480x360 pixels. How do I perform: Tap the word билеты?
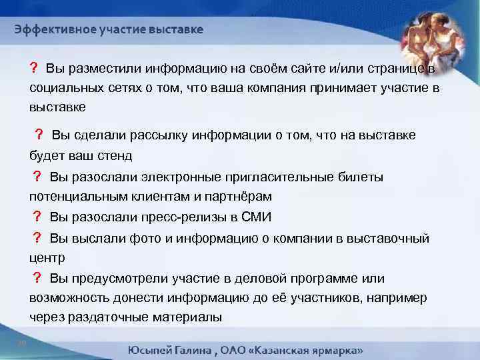362,177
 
